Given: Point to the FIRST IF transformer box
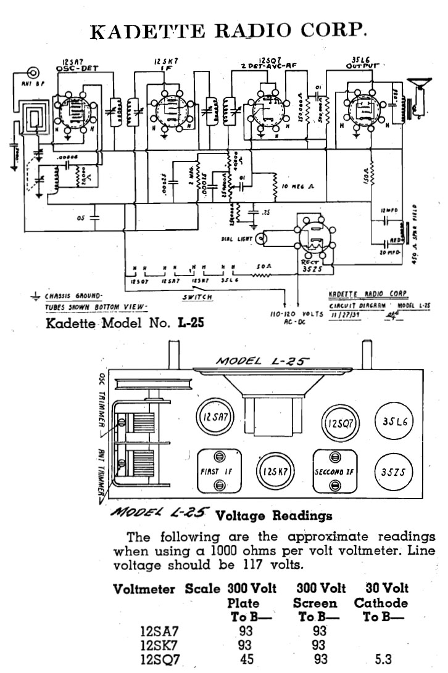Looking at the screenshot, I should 218,472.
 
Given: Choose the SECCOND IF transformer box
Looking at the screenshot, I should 335,472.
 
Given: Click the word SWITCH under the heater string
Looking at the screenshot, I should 197,297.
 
